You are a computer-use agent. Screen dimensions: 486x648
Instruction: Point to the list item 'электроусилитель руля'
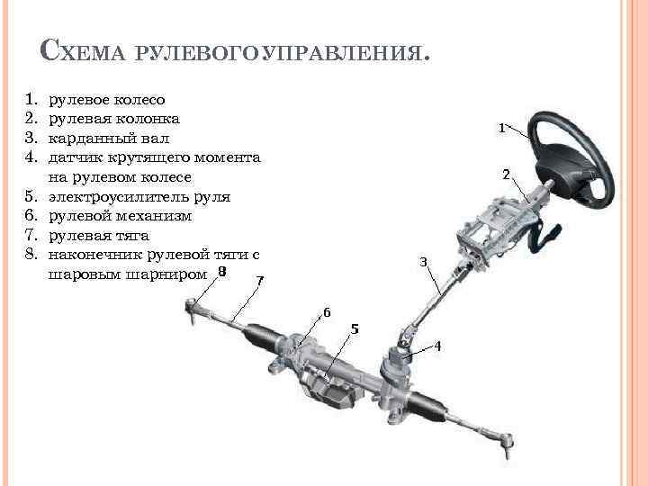pos(139,196)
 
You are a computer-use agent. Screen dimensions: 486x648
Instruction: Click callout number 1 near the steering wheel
pos(502,129)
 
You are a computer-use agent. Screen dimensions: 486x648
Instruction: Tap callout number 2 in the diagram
pos(507,173)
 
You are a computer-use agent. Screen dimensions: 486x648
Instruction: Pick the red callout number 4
pos(438,346)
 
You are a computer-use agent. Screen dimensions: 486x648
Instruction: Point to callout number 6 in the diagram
pos(327,312)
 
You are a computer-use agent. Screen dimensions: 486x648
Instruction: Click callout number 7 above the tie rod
pos(259,280)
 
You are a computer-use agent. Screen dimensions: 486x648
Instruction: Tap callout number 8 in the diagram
pos(221,271)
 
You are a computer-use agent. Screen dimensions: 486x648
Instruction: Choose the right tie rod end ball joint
pos(508,441)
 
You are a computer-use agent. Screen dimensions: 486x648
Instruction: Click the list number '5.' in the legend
pos(30,196)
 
